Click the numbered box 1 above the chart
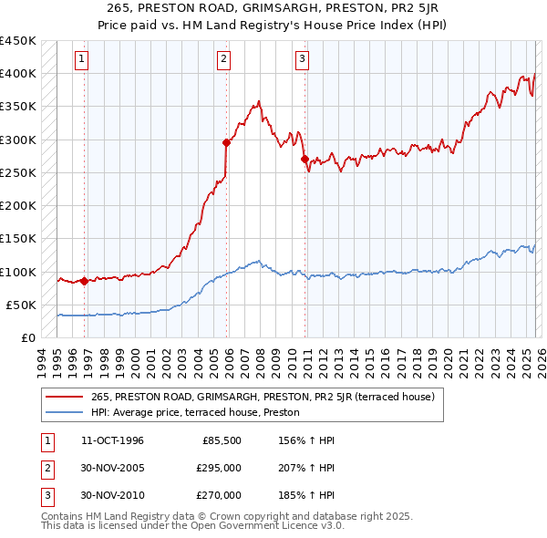coord(81,60)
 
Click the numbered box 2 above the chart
coord(223,60)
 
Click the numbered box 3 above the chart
coord(301,60)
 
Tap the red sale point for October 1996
coord(85,281)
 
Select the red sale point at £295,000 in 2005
coord(227,142)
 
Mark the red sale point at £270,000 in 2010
coord(304,159)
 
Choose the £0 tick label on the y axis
coord(28,338)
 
